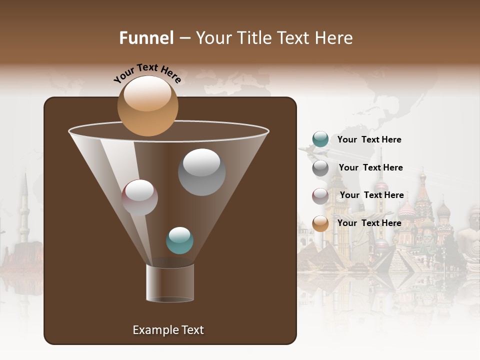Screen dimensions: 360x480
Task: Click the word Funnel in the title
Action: (x=146, y=38)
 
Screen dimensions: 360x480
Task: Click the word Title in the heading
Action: (x=254, y=38)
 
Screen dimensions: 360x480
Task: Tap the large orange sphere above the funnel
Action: (x=147, y=106)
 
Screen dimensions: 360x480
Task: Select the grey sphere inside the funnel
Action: (x=201, y=172)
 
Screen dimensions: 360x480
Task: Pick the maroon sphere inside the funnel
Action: (x=139, y=197)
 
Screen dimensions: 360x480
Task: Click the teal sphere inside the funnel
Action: (x=179, y=240)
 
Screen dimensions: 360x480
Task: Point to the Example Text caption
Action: (x=168, y=330)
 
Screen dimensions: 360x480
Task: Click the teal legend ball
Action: (x=320, y=139)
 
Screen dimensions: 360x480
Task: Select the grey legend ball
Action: (x=320, y=168)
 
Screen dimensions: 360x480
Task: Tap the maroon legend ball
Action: (x=320, y=196)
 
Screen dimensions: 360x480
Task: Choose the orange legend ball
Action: (x=320, y=223)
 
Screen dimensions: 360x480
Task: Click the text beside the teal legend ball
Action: (x=369, y=139)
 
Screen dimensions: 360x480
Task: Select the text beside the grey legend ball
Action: (x=370, y=167)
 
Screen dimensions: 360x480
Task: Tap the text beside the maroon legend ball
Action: (x=371, y=195)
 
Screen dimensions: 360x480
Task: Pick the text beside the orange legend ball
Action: (x=369, y=223)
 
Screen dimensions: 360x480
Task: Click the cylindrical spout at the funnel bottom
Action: (x=170, y=283)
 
